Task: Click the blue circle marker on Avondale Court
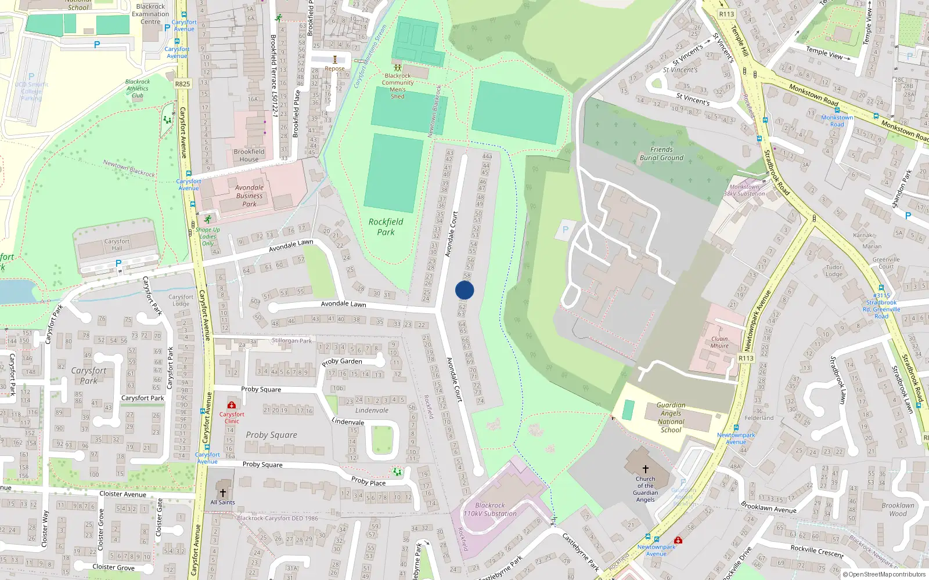tap(464, 290)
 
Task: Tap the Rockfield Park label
tap(386, 227)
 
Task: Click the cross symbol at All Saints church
tap(223, 493)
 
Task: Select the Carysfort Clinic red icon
tap(232, 405)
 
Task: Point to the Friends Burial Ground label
tap(661, 154)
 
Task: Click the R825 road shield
tap(182, 84)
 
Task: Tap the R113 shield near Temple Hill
tap(726, 14)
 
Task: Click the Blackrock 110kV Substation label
tap(490, 509)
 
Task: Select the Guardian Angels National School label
tap(671, 418)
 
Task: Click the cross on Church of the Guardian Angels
tap(645, 469)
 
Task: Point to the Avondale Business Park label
tap(249, 195)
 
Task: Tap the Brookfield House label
tap(249, 155)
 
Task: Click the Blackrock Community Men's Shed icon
tap(398, 68)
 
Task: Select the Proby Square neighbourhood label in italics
tap(271, 435)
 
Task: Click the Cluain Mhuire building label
tap(719, 342)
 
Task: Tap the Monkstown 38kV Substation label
tap(744, 190)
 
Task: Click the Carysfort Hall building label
tap(117, 245)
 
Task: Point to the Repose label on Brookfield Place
tap(334, 68)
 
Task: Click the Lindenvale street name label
tap(348, 422)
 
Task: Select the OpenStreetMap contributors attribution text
tap(887, 574)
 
